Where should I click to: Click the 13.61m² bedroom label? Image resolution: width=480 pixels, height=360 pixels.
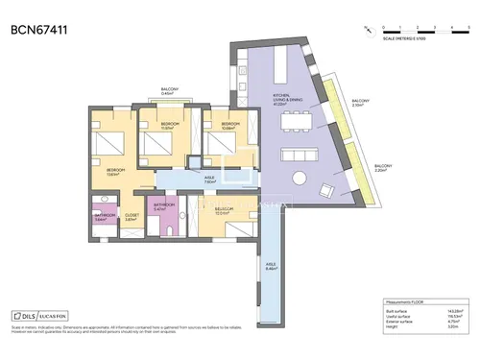pyautogui.click(x=114, y=172)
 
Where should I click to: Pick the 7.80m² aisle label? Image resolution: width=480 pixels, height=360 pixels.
pyautogui.click(x=208, y=179)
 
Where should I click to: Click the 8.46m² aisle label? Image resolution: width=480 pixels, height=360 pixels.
pyautogui.click(x=271, y=267)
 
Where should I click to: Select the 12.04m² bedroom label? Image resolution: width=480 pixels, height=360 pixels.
pyautogui.click(x=224, y=211)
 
